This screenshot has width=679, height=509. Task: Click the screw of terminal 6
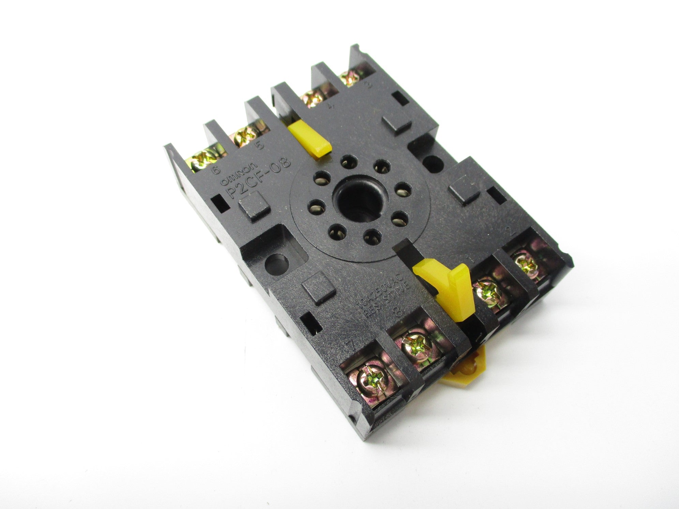pyautogui.click(x=205, y=159)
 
